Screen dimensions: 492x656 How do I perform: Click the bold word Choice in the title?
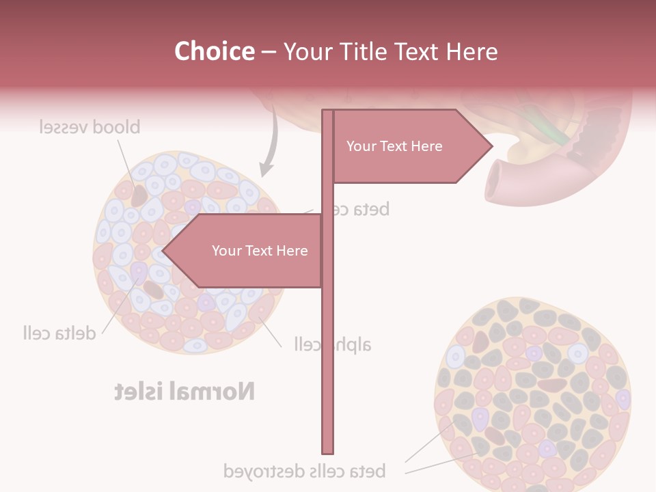(214, 51)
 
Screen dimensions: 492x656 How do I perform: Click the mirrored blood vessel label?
(90, 127)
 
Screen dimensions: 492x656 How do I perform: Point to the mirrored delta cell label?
(59, 333)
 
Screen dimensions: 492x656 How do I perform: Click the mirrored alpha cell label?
(333, 344)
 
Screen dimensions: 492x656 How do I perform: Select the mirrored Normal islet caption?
(184, 392)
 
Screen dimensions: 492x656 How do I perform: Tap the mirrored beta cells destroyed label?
(305, 471)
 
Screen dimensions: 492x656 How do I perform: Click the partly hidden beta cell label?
(362, 209)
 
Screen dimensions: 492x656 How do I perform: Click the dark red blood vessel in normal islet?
(139, 195)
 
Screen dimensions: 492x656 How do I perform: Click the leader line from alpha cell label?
(269, 331)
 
